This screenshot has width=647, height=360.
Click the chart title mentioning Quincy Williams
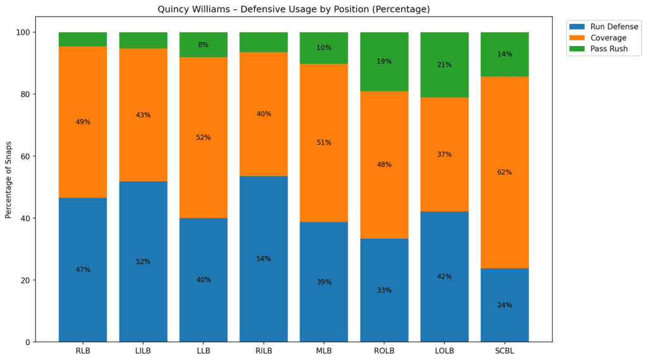pos(293,9)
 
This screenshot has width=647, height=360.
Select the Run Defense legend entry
pos(614,27)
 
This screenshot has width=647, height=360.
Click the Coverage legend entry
pos(608,38)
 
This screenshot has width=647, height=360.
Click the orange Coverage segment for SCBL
pos(504,158)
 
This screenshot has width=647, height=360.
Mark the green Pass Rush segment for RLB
pos(83,39)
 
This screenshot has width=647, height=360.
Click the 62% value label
pos(504,172)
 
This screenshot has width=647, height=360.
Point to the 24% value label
pos(504,305)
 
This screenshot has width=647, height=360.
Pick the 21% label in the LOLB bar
pos(444,64)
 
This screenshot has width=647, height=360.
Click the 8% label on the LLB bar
pos(203,45)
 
